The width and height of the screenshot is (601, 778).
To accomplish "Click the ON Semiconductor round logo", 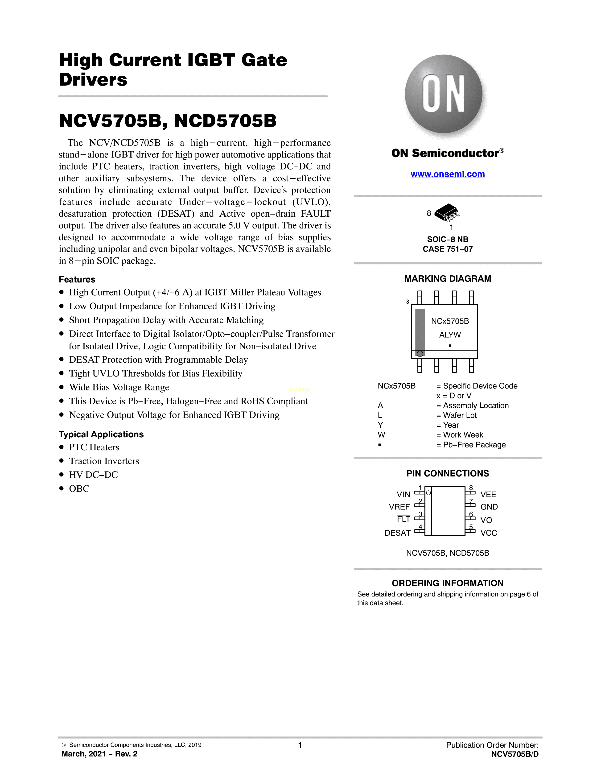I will point(444,94).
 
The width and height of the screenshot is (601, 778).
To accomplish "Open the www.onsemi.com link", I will point(448,174).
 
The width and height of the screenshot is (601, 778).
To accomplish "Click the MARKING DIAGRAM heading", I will point(448,279).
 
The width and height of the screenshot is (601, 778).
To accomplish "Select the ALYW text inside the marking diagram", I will point(450,335).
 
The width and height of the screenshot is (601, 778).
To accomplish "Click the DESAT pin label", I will point(397,533).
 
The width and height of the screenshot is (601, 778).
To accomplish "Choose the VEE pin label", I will point(488,494).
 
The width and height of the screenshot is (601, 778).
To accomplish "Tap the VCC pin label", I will point(489,533).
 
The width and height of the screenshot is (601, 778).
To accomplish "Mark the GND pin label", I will point(489,507).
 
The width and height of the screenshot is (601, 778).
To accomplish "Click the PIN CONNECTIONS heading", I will point(448,473).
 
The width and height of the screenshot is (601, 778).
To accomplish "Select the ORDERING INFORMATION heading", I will point(448,583).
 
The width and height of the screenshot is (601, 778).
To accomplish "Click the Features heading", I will point(77,280).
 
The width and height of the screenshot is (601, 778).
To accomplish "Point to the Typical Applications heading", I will point(101,435).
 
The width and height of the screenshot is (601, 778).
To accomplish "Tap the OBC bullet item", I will point(79,489).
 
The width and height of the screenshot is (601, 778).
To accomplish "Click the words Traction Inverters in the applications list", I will point(104,461).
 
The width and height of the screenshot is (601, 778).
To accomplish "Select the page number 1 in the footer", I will point(300,745).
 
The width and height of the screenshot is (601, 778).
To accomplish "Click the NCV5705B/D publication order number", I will point(515,754).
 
